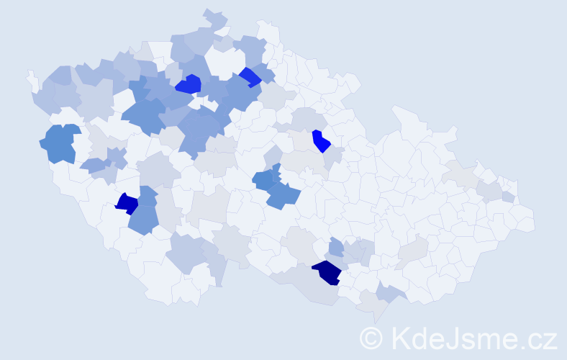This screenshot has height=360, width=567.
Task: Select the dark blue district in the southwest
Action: (127, 203)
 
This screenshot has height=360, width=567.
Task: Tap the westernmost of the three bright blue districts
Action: (188, 84)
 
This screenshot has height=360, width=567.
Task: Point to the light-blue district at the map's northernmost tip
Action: (214, 17)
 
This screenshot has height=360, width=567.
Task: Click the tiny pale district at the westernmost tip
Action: (31, 77)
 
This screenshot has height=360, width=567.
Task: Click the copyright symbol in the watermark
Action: (371, 337)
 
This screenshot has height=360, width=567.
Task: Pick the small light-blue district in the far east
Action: (509, 197)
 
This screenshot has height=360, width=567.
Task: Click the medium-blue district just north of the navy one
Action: (336, 248)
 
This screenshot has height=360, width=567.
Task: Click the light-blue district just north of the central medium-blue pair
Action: (273, 156)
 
